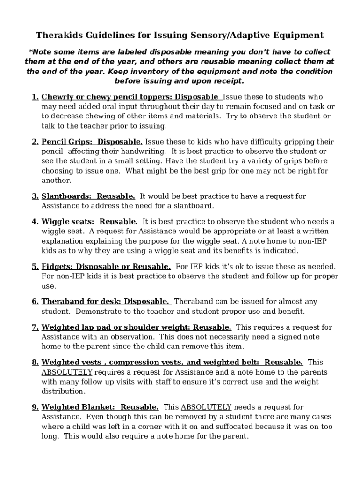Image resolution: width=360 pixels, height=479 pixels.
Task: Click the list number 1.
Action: point(35,97)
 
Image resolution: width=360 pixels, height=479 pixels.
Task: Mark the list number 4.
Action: point(35,222)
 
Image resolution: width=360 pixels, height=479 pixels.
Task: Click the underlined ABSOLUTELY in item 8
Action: point(67,372)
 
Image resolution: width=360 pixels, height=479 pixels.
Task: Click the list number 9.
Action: point(35,407)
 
